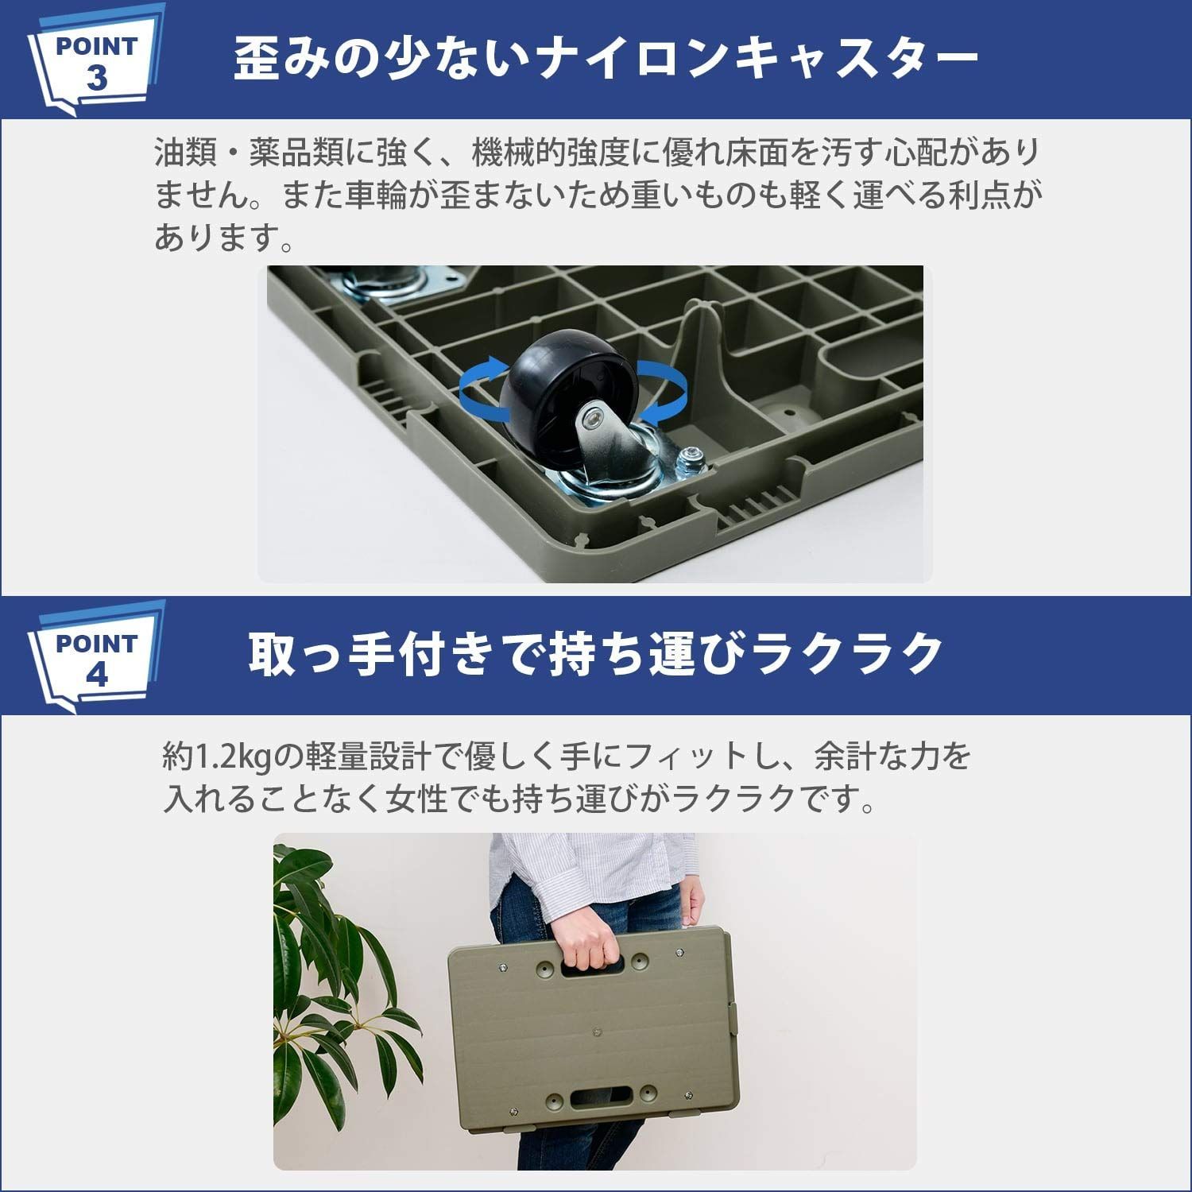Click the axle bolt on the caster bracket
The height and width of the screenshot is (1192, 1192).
click(592, 414)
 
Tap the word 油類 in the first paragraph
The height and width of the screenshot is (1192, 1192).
click(186, 152)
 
